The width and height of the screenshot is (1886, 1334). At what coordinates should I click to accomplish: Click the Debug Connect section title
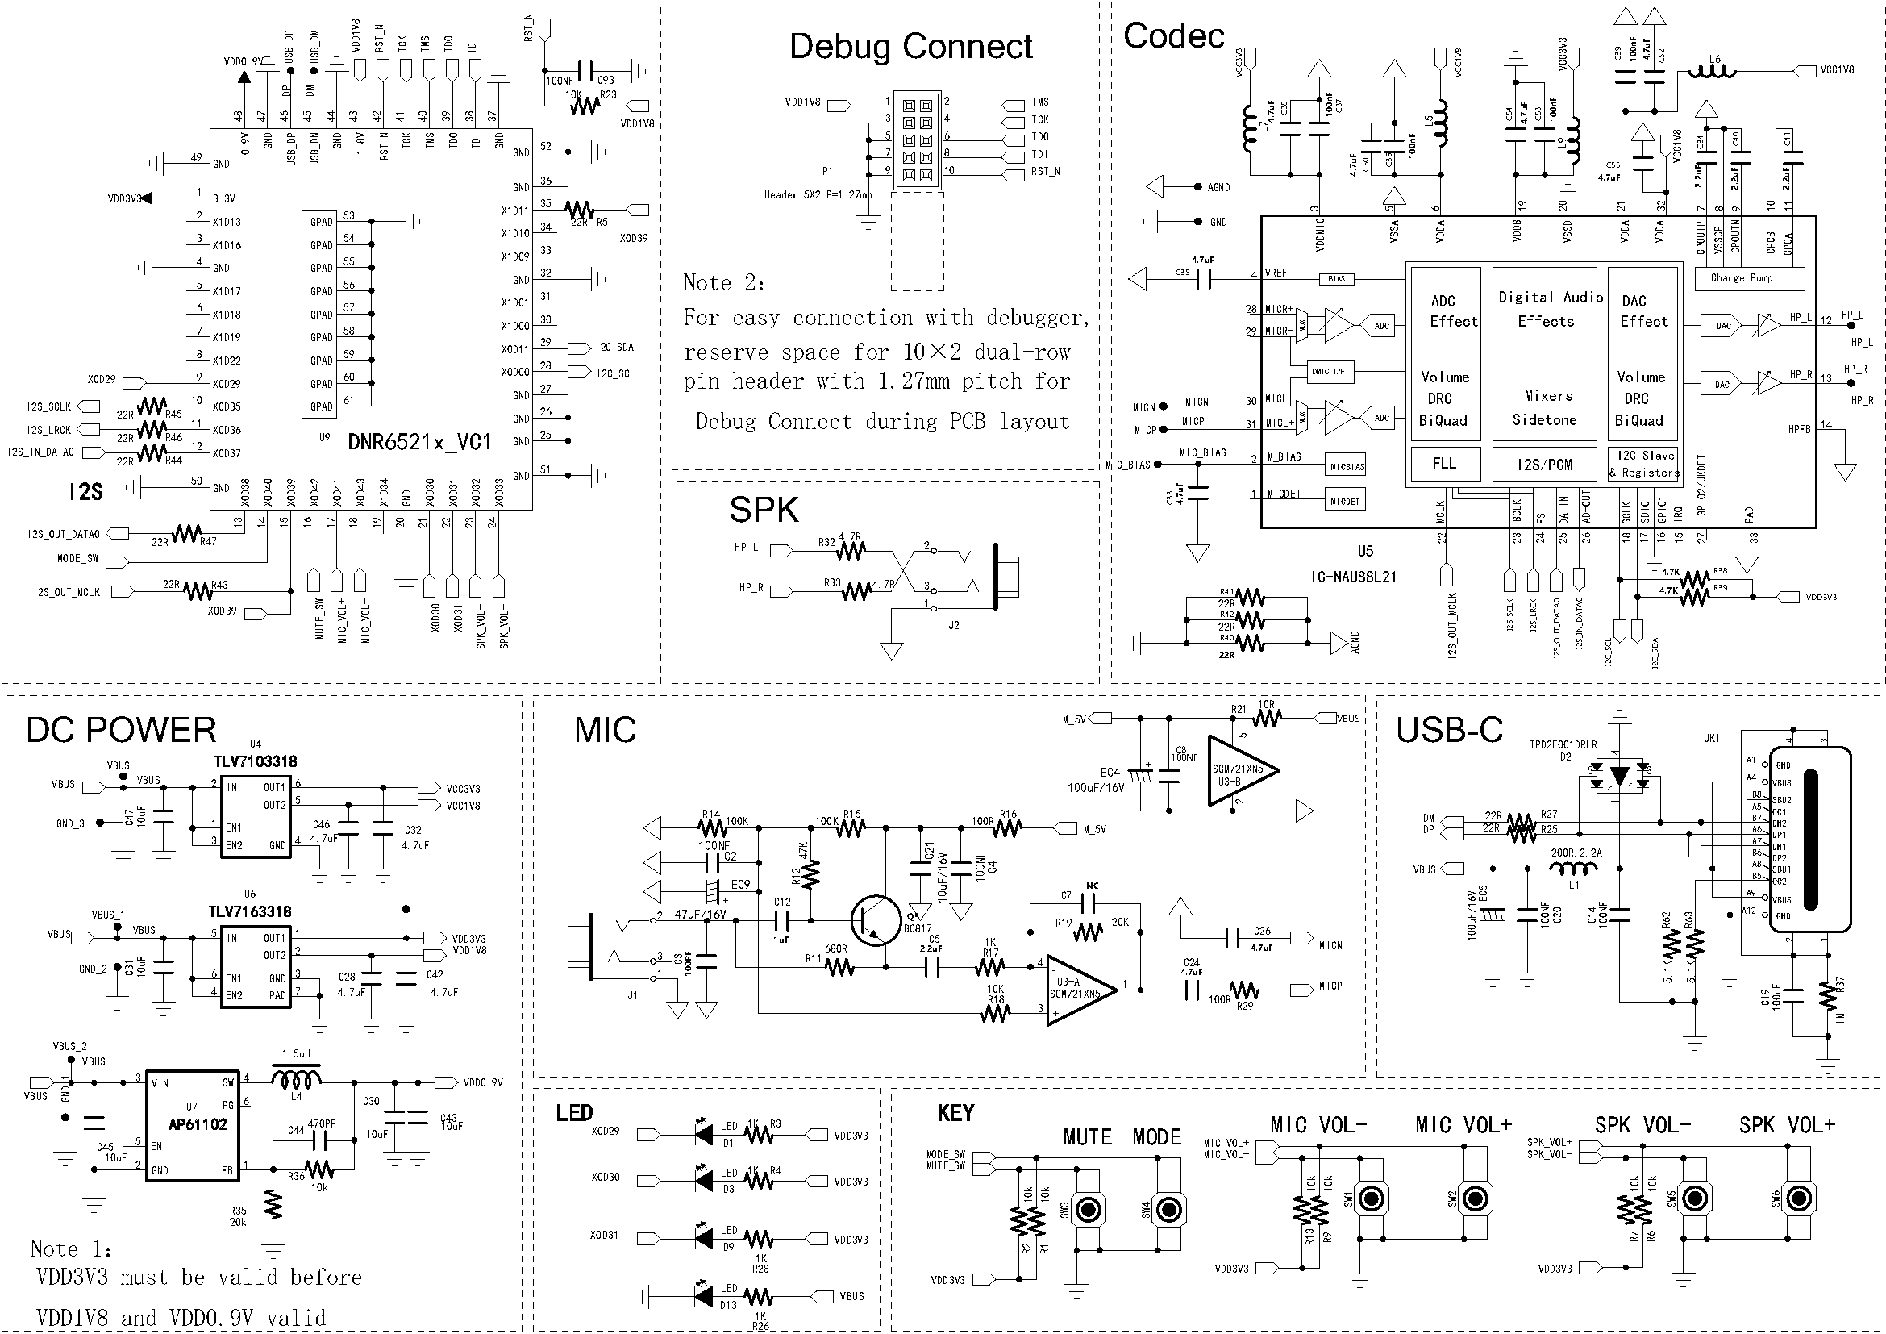pos(910,47)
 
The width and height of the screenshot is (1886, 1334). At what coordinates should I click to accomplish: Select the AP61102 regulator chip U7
pos(193,1123)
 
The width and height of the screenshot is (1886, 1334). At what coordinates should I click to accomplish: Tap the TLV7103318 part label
pos(256,761)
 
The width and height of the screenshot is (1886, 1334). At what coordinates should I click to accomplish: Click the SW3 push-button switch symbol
pos(1089,1210)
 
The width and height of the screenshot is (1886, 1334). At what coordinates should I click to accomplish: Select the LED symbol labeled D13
pos(704,1296)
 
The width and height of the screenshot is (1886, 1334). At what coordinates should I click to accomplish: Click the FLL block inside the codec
pos(1444,464)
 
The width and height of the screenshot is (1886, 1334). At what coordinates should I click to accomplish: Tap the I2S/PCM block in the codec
pos(1544,465)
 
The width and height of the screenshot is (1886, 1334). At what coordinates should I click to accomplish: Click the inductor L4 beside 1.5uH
pos(297,1078)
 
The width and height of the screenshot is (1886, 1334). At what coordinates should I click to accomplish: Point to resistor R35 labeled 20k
pos(273,1206)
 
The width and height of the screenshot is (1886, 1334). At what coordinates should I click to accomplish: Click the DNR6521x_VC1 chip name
pos(419,442)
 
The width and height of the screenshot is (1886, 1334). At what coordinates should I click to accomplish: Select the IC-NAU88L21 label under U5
pos(1353,577)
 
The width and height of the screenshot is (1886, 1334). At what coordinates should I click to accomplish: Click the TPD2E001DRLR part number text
pos(1563,745)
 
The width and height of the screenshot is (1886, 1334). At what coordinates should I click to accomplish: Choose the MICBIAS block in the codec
pos(1347,466)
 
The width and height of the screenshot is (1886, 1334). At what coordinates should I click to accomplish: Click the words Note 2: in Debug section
pos(723,283)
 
